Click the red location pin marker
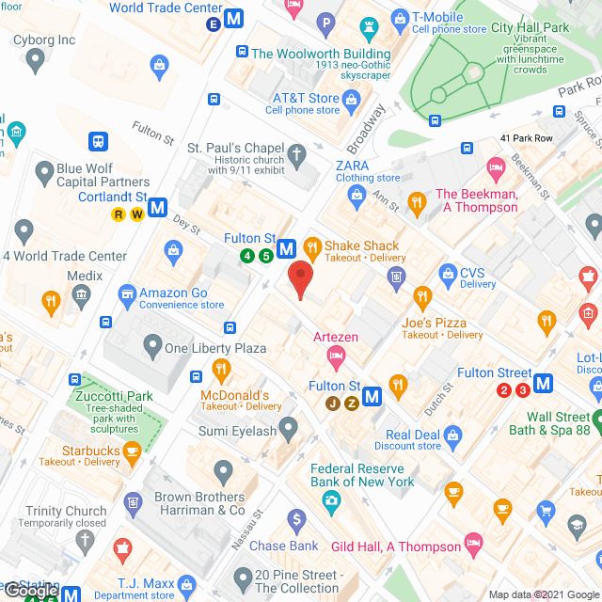[x=300, y=280]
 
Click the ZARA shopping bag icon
[x=356, y=195]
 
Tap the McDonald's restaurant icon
[x=222, y=369]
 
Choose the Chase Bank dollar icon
[x=297, y=518]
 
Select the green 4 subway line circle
[x=247, y=256]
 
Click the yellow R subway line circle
[x=119, y=214]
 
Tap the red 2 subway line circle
[x=504, y=390]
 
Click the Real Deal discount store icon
[x=453, y=435]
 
